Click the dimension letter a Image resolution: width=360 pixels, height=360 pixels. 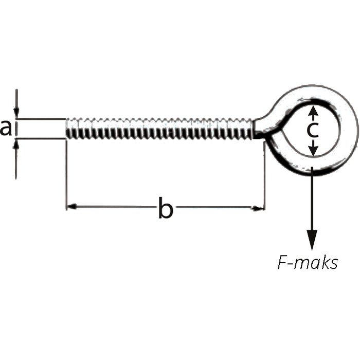point(6,128)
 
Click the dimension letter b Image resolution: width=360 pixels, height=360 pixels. point(166,207)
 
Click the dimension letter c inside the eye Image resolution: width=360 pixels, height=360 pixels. point(313,130)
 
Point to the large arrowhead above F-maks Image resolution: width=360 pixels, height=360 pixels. point(312,240)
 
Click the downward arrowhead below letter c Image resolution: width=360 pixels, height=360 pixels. point(313,151)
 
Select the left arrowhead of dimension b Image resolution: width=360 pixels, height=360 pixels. point(71,207)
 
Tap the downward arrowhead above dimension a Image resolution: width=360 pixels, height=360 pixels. point(16,112)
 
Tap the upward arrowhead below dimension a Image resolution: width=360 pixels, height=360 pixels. point(16,145)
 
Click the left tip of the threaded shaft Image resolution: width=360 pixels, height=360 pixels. point(66,129)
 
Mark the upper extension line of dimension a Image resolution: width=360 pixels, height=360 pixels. point(41,119)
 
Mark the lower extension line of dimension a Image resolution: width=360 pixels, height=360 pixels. point(41,138)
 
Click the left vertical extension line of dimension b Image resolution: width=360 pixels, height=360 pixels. point(66,174)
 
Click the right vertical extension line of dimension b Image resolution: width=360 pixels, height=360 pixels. point(265,176)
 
